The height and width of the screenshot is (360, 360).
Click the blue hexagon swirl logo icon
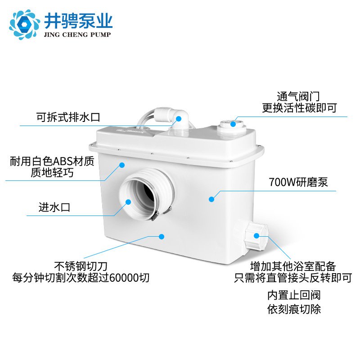pyautogui.click(x=25, y=24)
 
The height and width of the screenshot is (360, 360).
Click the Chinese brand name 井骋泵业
pyautogui.click(x=78, y=21)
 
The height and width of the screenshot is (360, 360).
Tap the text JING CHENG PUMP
pyautogui.click(x=77, y=35)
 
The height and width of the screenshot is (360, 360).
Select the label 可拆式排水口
pyautogui.click(x=68, y=117)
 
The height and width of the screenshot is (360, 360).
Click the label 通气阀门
pyautogui.click(x=298, y=96)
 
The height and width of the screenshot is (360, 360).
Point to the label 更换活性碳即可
pyautogui.click(x=299, y=108)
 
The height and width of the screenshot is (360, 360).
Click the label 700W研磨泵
pyautogui.click(x=298, y=182)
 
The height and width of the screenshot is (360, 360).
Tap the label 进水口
pyautogui.click(x=54, y=207)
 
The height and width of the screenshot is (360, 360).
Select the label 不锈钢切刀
pyautogui.click(x=81, y=266)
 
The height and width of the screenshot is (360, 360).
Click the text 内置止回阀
pyautogui.click(x=294, y=295)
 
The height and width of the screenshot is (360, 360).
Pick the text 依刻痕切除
pyautogui.click(x=294, y=309)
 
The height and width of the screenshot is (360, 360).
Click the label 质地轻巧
pyautogui.click(x=52, y=173)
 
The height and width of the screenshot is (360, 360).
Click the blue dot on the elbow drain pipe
pyautogui.click(x=179, y=119)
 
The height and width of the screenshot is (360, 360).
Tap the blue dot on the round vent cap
pyautogui.click(x=233, y=124)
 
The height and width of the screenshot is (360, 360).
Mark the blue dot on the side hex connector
pyautogui.click(x=256, y=235)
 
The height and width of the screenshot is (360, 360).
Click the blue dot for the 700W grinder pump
pyautogui.click(x=211, y=199)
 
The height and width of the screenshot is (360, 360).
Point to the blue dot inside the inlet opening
pyautogui.click(x=128, y=202)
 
